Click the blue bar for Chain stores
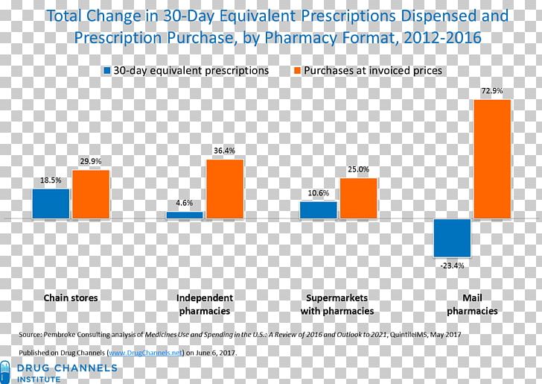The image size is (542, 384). click(51, 204)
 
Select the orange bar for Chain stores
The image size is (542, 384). click(91, 194)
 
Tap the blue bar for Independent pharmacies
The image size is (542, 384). click(185, 215)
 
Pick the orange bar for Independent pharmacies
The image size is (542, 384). click(225, 189)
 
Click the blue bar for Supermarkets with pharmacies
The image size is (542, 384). click(319, 210)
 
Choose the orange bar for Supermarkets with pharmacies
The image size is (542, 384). click(359, 198)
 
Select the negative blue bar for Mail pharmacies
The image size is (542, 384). click(453, 238)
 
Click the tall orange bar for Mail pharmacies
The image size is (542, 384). click(492, 159)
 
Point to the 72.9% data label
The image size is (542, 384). click(492, 91)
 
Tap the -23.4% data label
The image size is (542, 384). click(452, 265)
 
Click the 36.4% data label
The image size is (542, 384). click(224, 151)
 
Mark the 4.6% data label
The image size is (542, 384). click(185, 203)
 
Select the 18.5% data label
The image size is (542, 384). click(51, 180)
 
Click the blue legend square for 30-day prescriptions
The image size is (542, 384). click(107, 70)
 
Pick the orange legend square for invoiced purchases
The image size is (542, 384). click(296, 70)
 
